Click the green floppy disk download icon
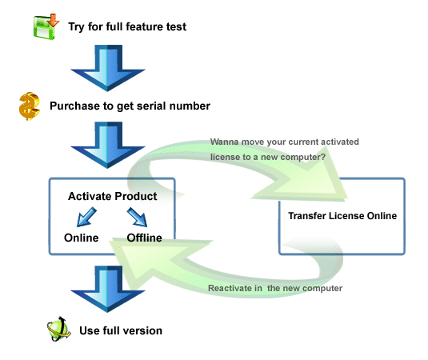46,26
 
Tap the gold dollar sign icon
30,106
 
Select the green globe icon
58,329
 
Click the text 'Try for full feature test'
127,26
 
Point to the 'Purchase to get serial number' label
130,106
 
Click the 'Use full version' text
121,330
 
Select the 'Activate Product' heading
113,196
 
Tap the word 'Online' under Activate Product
82,238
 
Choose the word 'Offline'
144,238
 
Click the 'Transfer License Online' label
342,216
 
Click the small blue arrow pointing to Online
86,217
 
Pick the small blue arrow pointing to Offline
137,217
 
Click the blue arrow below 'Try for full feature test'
107,68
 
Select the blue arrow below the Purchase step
107,145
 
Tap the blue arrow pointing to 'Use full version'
107,289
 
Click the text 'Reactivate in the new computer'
275,288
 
